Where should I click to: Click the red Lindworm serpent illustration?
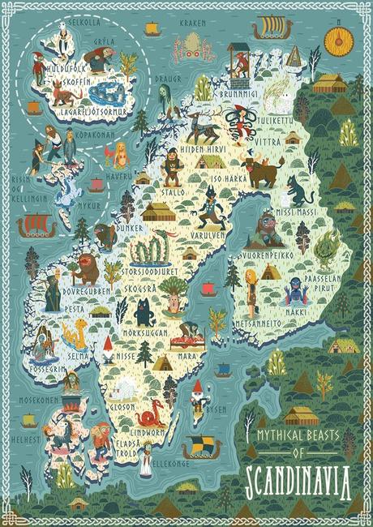(151, 417)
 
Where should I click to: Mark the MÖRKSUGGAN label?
(143, 332)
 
